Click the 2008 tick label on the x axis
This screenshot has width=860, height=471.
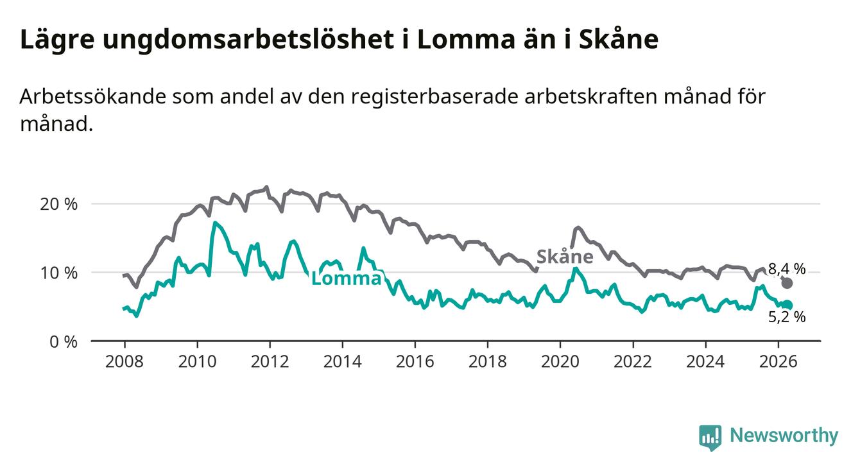tap(124, 362)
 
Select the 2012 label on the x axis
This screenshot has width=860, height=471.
tap(270, 362)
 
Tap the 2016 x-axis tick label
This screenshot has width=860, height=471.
tap(415, 362)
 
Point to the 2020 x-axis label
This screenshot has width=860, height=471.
tap(560, 362)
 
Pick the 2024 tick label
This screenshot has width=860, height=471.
tap(705, 362)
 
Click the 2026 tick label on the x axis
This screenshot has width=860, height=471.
tap(778, 362)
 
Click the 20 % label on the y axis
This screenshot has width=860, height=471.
tap(59, 204)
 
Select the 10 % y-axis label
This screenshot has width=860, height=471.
tap(59, 273)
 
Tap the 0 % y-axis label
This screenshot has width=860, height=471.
tap(64, 341)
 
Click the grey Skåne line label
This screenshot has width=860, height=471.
tap(565, 257)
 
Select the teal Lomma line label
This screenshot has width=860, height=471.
tap(347, 278)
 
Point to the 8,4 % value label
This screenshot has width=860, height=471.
tap(787, 269)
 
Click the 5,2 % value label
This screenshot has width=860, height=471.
tap(787, 317)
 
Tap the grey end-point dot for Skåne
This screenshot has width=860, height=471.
tap(787, 283)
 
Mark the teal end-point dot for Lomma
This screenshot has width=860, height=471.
tap(787, 305)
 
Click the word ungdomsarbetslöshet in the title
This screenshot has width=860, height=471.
tap(248, 40)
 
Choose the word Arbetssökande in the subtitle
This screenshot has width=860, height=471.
tap(92, 96)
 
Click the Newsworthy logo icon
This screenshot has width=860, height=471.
tap(710, 437)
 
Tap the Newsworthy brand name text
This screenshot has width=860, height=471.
tap(784, 436)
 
